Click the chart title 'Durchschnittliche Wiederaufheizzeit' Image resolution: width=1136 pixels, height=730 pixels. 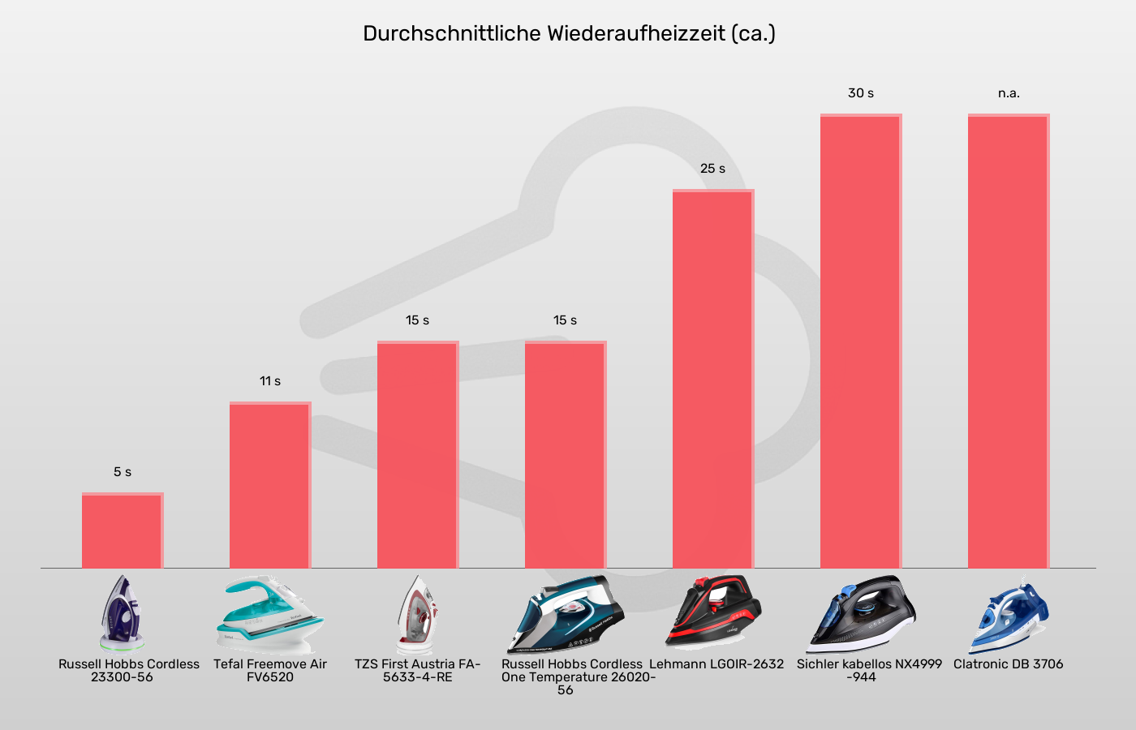click(x=568, y=34)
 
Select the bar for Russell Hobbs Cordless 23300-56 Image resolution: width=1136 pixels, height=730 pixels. click(x=122, y=531)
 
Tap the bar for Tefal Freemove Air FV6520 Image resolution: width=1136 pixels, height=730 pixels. click(x=269, y=485)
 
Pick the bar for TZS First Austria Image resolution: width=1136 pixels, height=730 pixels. click(x=417, y=454)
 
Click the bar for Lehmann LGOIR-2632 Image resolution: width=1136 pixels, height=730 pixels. click(x=712, y=379)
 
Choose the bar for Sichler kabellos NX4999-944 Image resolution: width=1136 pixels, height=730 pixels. click(x=860, y=341)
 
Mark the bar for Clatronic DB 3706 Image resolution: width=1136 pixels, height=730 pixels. click(x=1008, y=341)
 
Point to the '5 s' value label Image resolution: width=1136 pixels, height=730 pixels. click(x=123, y=472)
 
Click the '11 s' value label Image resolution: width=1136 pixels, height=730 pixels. click(x=270, y=381)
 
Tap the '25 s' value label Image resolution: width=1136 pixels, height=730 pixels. click(x=712, y=169)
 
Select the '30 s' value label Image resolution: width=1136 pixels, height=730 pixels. click(x=861, y=93)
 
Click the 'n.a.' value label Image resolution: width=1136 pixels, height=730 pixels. click(x=1009, y=93)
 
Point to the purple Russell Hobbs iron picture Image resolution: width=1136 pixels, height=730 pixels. click(x=122, y=612)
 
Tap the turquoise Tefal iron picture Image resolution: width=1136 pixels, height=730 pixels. click(x=269, y=614)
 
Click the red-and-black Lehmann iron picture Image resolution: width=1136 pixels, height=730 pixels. click(x=712, y=612)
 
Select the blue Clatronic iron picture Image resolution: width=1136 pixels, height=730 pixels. click(x=1008, y=614)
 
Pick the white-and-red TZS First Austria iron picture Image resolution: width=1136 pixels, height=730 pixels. click(x=417, y=614)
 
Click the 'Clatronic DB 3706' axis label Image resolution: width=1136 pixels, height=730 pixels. click(x=1008, y=664)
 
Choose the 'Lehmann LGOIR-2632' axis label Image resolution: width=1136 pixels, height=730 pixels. click(x=716, y=664)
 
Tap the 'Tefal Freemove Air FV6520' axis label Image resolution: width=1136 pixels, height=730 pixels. click(x=270, y=670)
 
